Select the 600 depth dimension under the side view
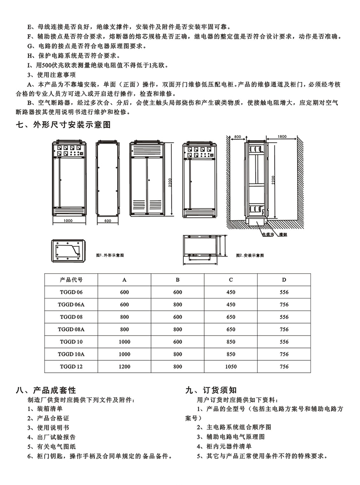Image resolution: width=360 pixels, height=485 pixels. tap(107, 220)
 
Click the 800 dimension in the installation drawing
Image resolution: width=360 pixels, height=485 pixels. tap(237, 137)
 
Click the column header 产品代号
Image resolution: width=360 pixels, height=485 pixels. tap(71, 279)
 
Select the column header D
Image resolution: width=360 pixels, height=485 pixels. tap(284, 279)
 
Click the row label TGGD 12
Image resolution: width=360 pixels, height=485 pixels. tap(72, 366)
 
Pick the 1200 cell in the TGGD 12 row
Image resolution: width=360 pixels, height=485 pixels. tap(124, 366)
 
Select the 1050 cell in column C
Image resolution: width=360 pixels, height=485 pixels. tap(231, 366)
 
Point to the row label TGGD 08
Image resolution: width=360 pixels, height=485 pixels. tap(72, 316)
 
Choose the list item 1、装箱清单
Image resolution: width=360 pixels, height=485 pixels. tap(45, 409)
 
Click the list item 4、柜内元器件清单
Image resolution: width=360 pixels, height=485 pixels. tap(228, 447)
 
